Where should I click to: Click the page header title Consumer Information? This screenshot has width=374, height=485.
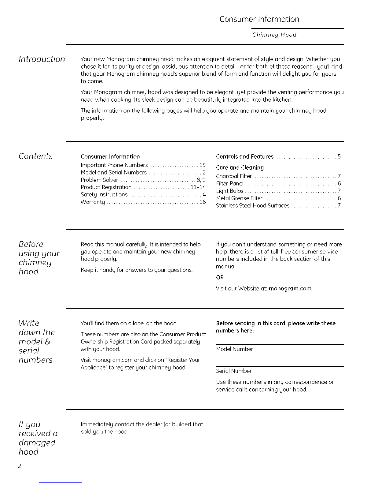click(x=259, y=19)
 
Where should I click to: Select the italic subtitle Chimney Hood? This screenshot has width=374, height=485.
click(x=274, y=35)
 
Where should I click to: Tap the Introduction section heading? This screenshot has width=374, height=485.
click(x=42, y=59)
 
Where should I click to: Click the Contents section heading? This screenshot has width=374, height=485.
click(x=35, y=156)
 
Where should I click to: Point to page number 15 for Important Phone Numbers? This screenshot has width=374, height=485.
click(x=202, y=165)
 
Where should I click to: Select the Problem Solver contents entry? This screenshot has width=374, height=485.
click(x=99, y=180)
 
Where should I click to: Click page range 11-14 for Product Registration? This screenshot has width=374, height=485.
click(x=198, y=187)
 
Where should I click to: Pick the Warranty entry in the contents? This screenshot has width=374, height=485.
click(x=93, y=202)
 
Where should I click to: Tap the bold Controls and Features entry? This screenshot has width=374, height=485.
click(x=244, y=157)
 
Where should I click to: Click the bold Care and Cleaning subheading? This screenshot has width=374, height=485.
click(x=240, y=167)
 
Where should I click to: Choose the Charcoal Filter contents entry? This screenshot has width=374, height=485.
click(x=234, y=176)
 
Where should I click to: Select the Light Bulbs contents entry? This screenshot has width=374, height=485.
click(x=229, y=191)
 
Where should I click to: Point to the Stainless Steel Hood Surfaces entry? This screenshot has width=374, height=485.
click(x=252, y=206)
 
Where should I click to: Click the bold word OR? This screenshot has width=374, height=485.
click(x=220, y=278)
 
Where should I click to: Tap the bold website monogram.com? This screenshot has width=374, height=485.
click(x=290, y=288)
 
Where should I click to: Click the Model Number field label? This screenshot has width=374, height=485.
click(x=234, y=349)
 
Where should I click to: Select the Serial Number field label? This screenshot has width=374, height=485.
click(x=233, y=371)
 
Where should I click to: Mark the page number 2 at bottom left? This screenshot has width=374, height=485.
click(x=19, y=467)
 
